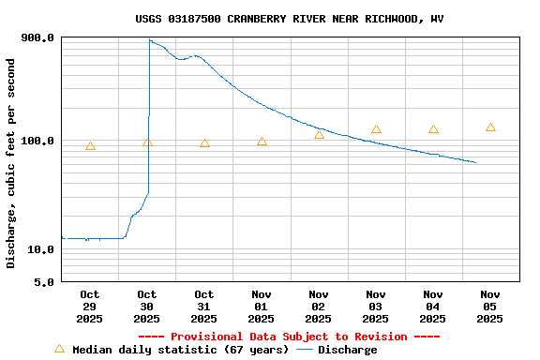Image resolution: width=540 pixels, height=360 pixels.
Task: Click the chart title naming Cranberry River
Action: point(290,19)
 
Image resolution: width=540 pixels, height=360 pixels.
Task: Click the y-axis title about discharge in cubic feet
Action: point(11,163)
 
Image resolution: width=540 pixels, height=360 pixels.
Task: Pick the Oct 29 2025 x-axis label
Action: point(90,307)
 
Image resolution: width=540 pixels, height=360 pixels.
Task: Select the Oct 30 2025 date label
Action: point(147,307)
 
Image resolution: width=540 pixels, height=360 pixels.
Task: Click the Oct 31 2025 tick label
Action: point(204,307)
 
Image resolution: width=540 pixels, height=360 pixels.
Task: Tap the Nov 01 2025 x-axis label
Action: point(262,307)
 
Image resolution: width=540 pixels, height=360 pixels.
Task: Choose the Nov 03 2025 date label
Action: point(376,307)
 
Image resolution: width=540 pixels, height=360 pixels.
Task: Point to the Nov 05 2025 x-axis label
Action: point(490,307)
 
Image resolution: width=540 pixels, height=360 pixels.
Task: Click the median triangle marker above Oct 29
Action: point(90,146)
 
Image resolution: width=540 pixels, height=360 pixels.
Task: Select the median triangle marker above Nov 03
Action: point(376,129)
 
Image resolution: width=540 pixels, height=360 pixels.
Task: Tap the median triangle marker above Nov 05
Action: point(490,127)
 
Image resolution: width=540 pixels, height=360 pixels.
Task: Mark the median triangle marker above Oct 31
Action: point(204,143)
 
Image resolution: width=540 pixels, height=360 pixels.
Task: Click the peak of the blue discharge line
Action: point(150,39)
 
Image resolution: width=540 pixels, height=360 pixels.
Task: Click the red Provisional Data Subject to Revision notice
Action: point(289,337)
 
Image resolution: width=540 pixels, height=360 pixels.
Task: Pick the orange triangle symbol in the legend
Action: point(60,349)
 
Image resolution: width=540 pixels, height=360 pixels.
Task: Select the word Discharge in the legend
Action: point(347,350)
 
